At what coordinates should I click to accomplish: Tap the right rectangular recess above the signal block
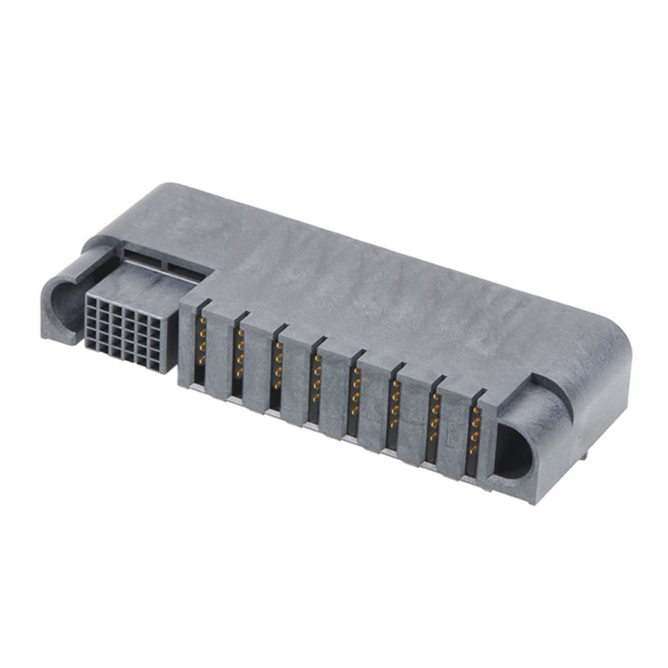(x=185, y=265)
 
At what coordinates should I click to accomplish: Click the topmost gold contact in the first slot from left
(x=202, y=322)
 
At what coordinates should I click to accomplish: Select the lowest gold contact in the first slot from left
(x=201, y=360)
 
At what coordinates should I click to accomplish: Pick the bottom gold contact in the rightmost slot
(x=473, y=450)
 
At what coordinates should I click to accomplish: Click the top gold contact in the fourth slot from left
(x=317, y=360)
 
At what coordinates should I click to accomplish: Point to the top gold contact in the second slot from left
(x=240, y=334)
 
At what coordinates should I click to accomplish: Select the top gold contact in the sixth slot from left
(x=395, y=385)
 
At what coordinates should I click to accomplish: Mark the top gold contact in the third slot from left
(x=279, y=347)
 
